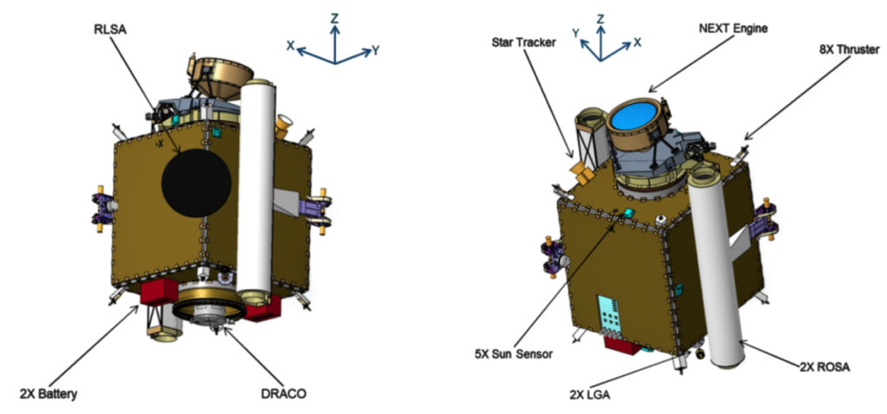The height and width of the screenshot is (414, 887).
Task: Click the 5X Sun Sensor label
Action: [514, 354]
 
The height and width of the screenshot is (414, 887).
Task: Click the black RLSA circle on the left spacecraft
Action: [196, 184]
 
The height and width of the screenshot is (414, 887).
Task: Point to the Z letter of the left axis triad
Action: [335, 19]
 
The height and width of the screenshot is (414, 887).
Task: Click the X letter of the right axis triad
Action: [637, 42]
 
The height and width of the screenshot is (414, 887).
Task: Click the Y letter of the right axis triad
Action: [575, 34]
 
